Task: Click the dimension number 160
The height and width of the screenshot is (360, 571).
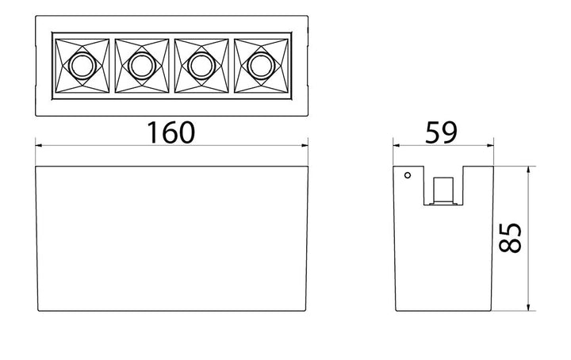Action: point(171,132)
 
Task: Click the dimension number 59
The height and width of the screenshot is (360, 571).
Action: point(442,132)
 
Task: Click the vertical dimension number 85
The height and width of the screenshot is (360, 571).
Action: point(511,238)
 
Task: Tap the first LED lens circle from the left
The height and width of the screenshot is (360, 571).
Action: point(80,65)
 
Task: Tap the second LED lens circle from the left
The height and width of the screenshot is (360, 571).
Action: point(141,65)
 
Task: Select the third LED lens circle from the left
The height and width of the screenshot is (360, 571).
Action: point(201,65)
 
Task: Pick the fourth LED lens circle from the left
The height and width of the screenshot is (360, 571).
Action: point(262,65)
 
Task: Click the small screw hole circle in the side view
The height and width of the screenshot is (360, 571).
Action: point(408,174)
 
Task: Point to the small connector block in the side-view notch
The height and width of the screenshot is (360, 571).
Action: point(444,190)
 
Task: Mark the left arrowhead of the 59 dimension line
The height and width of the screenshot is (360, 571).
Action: point(399,146)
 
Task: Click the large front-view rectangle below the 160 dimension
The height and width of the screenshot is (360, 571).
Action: point(172,238)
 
